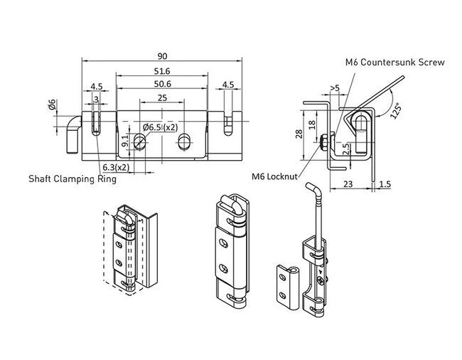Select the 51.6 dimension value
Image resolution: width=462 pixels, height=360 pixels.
(162, 71)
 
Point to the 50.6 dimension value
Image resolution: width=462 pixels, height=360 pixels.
(162, 85)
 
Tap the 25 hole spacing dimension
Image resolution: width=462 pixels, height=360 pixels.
(162, 97)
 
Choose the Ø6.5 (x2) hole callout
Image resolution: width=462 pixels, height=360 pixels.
(160, 127)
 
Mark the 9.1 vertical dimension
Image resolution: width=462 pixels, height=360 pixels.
(126, 140)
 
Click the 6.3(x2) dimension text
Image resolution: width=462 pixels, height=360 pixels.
(115, 166)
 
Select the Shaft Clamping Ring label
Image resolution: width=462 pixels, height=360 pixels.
(72, 179)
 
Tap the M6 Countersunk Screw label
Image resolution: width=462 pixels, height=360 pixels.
(395, 63)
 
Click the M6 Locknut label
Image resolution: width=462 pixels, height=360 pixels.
(274, 174)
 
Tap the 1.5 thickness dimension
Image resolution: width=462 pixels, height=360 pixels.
(385, 183)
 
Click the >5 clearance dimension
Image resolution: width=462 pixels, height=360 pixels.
(334, 88)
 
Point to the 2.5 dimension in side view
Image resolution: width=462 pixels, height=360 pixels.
(344, 147)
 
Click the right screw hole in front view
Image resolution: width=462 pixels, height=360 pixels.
(185, 139)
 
